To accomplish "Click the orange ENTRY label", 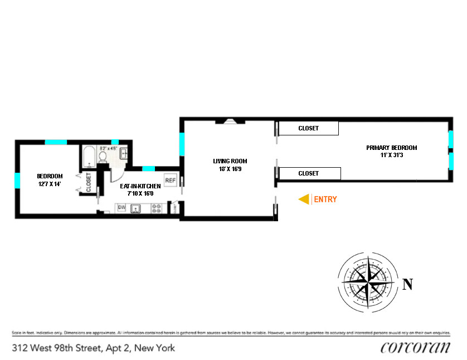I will [326, 199].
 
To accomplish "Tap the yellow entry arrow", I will [304, 199].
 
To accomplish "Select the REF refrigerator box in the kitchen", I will [171, 180].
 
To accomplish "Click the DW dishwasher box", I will [121, 208].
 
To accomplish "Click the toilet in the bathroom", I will [103, 158].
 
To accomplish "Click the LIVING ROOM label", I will [229, 161].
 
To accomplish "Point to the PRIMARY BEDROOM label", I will [391, 148].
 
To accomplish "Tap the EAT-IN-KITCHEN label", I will [140, 186].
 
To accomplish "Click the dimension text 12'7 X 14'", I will [50, 184].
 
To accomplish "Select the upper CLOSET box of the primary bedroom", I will [308, 128].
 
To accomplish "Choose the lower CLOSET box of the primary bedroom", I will [309, 173].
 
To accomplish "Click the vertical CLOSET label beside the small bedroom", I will [89, 182].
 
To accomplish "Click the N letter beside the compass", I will [408, 285].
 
